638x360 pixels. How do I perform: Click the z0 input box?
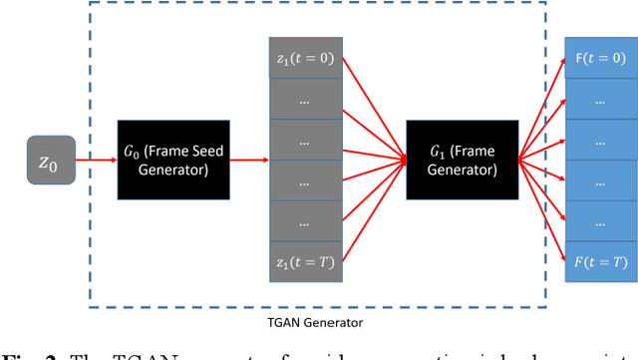51,159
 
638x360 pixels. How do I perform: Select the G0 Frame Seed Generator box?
173,159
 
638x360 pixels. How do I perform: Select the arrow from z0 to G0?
97,159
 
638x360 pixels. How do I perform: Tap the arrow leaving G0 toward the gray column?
249,159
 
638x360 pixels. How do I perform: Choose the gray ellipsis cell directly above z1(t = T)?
306,220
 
